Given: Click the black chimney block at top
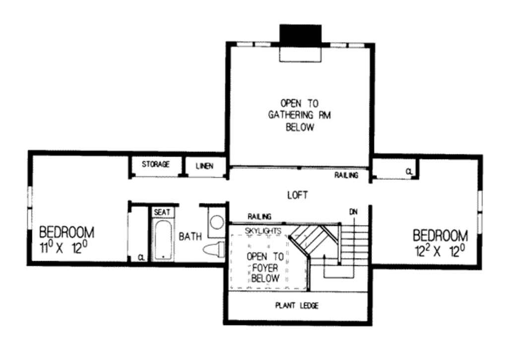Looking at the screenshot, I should pyautogui.click(x=301, y=34).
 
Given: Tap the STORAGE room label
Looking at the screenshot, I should pyautogui.click(x=156, y=164).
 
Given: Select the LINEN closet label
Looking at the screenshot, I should pyautogui.click(x=204, y=166).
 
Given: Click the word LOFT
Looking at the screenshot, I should pyautogui.click(x=298, y=195).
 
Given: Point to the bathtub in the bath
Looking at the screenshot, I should pyautogui.click(x=162, y=239).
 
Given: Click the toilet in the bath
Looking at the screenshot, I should pyautogui.click(x=214, y=250).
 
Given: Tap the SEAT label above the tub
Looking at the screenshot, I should pyautogui.click(x=162, y=212).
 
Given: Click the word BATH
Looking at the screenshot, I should pyautogui.click(x=190, y=236).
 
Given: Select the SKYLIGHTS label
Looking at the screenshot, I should pyautogui.click(x=263, y=231).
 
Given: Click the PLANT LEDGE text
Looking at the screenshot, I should pyautogui.click(x=297, y=305).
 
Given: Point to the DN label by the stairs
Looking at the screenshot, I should pyautogui.click(x=353, y=212).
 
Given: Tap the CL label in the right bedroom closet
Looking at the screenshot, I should pyautogui.click(x=409, y=171).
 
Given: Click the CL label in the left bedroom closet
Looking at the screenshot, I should pyautogui.click(x=141, y=258).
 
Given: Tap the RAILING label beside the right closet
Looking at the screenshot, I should pyautogui.click(x=346, y=175).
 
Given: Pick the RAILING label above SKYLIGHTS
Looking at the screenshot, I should pyautogui.click(x=259, y=216).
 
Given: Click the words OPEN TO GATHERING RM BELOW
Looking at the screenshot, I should pyautogui.click(x=300, y=115).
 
